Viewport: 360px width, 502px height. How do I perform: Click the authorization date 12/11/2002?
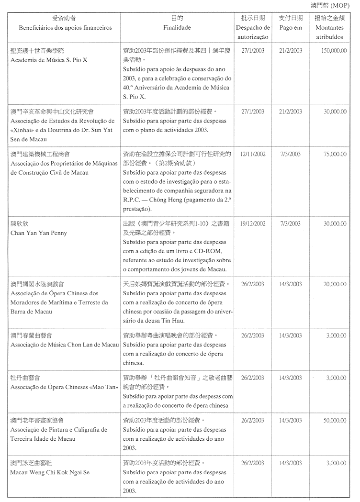pyautogui.click(x=253, y=154)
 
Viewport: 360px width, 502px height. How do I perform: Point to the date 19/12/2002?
pyautogui.click(x=253, y=223)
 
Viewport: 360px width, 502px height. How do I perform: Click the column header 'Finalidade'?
pyautogui.click(x=177, y=28)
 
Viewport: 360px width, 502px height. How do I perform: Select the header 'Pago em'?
pyautogui.click(x=291, y=28)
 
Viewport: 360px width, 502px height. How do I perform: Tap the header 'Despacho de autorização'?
pyautogui.click(x=253, y=32)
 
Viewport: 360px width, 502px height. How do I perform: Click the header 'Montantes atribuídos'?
pyautogui.click(x=329, y=32)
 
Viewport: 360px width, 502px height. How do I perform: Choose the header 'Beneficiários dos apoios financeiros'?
pyautogui.click(x=65, y=28)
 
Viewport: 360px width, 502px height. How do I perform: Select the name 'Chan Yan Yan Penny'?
pyautogui.click(x=39, y=233)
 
